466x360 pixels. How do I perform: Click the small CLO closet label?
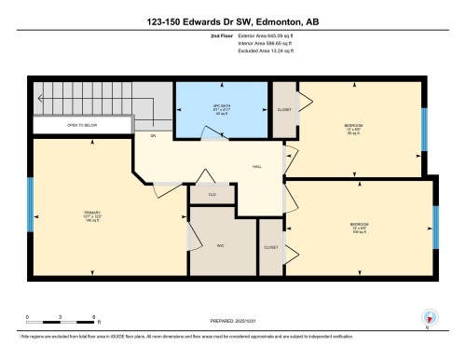pyautogui.click(x=212, y=195)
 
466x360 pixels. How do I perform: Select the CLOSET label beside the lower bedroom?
pyautogui.click(x=270, y=247)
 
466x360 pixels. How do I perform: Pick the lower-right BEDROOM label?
pyautogui.click(x=359, y=226)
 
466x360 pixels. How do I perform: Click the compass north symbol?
pyautogui.click(x=427, y=316)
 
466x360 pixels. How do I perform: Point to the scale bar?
pyautogui.click(x=57, y=320)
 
